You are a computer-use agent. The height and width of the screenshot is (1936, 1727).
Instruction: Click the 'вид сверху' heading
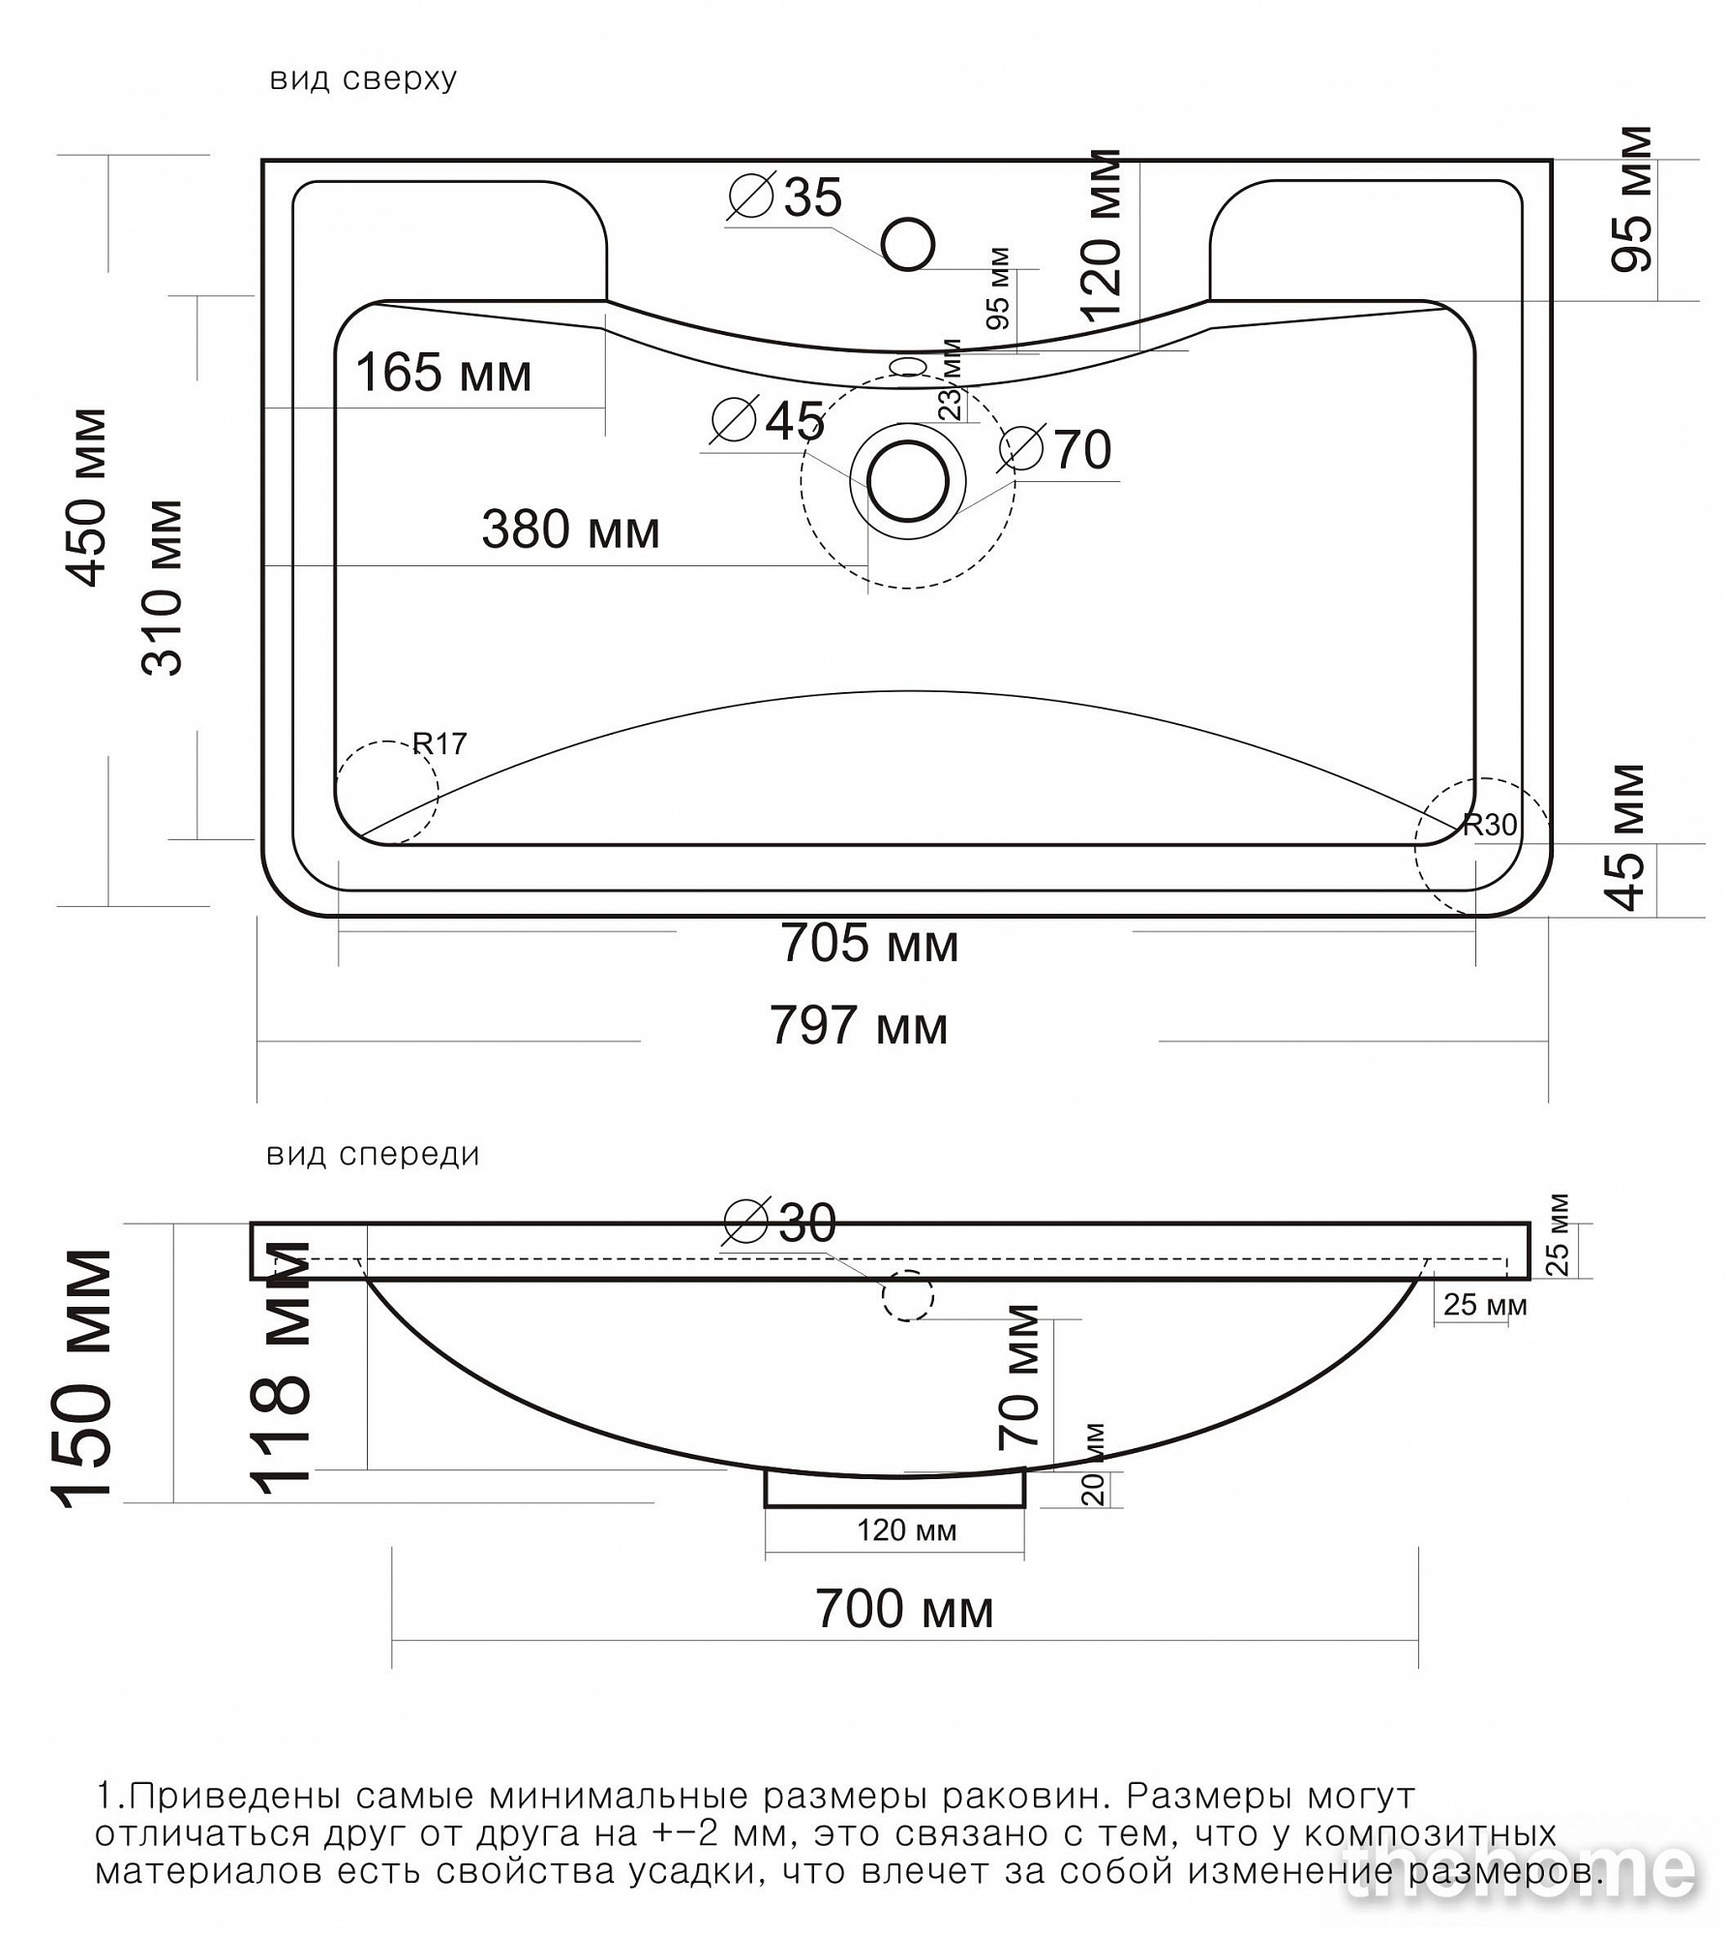click(363, 79)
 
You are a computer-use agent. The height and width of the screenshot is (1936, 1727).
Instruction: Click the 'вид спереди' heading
click(373, 1155)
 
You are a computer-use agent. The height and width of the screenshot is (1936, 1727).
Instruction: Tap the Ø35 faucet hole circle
click(908, 243)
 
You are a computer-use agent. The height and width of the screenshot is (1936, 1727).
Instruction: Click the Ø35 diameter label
click(785, 197)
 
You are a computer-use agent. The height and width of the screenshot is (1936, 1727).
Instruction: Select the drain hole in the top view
click(908, 481)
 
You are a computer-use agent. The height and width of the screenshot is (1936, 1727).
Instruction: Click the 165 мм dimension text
click(444, 373)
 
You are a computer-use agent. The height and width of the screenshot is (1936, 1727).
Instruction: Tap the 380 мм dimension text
click(571, 530)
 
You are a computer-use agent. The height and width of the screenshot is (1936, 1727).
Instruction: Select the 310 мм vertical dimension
click(162, 587)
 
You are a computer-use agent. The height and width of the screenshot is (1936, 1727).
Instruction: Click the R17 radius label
click(440, 743)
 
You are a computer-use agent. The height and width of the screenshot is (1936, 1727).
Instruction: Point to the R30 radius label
click(1490, 825)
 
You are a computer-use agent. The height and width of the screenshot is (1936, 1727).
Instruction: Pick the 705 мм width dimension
click(869, 943)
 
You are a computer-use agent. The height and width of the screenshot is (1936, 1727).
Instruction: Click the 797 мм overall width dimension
click(860, 1026)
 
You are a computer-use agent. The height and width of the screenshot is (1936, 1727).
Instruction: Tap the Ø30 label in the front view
click(780, 1223)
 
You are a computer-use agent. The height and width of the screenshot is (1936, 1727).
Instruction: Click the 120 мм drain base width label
click(906, 1530)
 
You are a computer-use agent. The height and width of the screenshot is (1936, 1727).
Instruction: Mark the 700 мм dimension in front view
click(904, 1610)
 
